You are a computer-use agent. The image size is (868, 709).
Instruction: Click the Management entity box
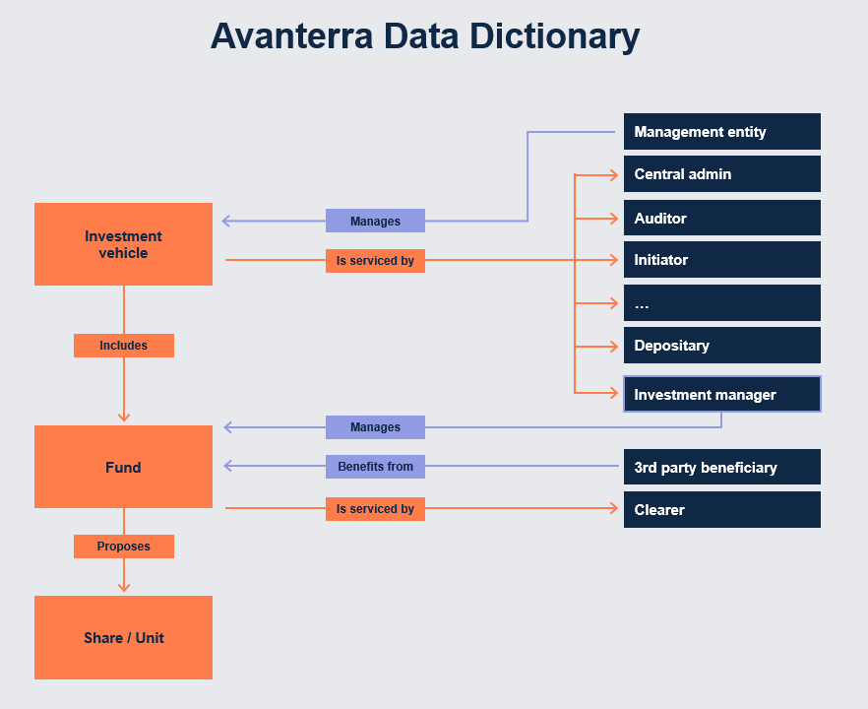tap(721, 132)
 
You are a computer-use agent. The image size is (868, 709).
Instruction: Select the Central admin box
tap(721, 174)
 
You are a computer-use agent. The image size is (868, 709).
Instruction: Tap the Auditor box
tap(721, 218)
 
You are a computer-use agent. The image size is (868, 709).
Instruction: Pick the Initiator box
tap(721, 260)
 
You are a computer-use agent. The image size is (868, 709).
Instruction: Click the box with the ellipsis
tap(721, 303)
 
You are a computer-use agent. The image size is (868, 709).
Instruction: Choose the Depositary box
tap(721, 346)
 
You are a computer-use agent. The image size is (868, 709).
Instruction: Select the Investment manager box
tap(721, 394)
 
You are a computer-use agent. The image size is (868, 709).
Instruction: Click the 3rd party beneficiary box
tap(721, 468)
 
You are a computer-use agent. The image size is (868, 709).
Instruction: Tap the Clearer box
tap(721, 510)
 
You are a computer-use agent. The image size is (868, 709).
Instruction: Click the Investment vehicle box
tap(123, 244)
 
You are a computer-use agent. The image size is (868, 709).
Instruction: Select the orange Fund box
tap(123, 467)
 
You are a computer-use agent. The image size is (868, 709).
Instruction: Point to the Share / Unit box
tap(123, 638)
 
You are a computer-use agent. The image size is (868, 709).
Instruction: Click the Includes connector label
tap(123, 346)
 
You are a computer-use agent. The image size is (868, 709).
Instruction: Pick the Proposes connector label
tap(123, 547)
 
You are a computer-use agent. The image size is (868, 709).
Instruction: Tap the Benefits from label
tap(375, 467)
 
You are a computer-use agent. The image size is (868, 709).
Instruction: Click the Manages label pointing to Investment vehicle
tap(375, 221)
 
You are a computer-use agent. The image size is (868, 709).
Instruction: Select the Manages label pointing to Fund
tap(375, 427)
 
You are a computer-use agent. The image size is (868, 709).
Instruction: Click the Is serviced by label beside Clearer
tap(375, 509)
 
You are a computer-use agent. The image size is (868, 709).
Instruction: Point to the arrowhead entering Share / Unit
tap(123, 588)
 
